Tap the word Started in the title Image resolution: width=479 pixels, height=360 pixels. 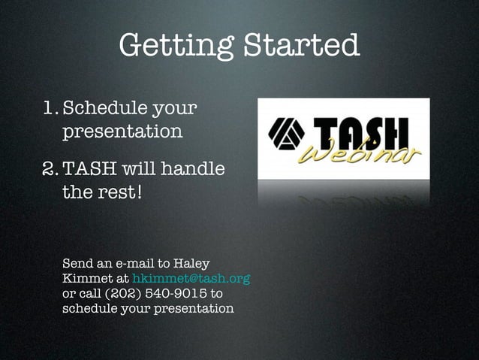click(300, 45)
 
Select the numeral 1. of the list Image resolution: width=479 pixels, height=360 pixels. click(50, 110)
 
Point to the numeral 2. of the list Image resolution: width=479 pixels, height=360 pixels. click(50, 170)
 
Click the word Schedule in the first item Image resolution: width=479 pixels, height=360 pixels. click(104, 110)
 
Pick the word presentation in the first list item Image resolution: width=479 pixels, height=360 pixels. click(122, 132)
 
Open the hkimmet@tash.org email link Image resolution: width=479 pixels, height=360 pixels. click(191, 279)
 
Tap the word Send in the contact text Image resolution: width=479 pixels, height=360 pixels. click(77, 264)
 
